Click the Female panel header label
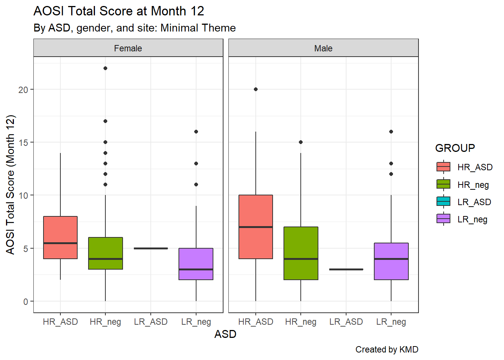tap(128, 48)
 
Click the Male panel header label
tap(323, 48)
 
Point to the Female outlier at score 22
tap(105, 68)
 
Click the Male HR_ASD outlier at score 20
tap(256, 89)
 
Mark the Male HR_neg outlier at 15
tap(301, 142)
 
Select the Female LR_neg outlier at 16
tap(196, 132)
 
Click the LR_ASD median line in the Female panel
tap(151, 248)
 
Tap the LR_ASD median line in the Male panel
tap(346, 269)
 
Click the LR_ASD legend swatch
tap(443, 201)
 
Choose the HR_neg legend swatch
tap(443, 184)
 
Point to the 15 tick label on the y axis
tap(23, 142)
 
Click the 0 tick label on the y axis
tap(25, 301)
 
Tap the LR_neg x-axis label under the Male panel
tap(391, 322)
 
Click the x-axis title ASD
tap(225, 334)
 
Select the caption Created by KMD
tap(387, 349)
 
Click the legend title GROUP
tap(455, 148)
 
